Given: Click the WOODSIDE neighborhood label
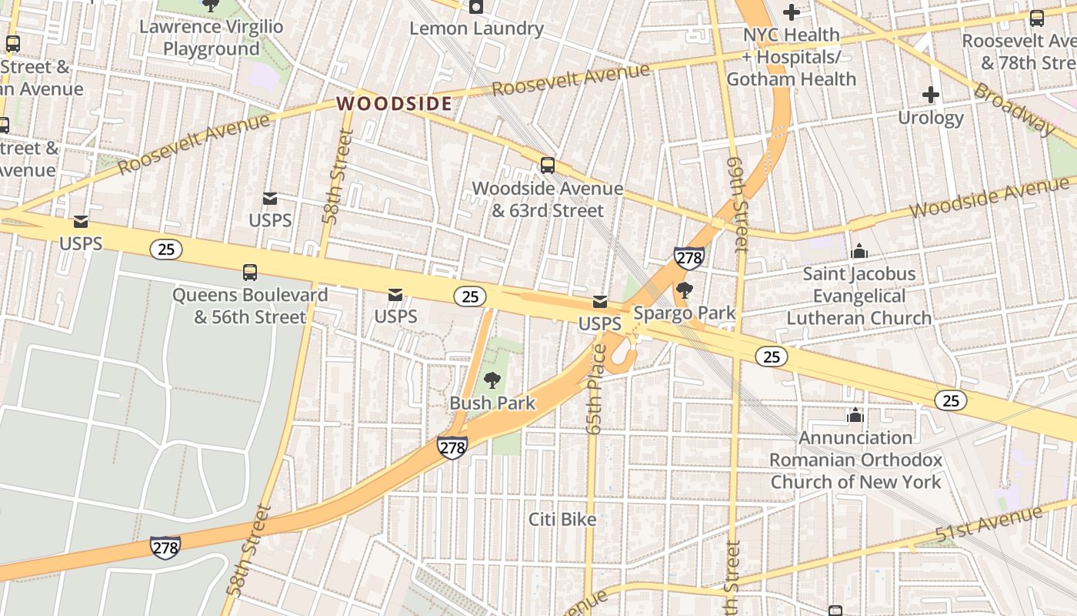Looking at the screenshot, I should pyautogui.click(x=394, y=103).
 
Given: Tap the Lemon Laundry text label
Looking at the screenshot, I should pyautogui.click(x=476, y=29).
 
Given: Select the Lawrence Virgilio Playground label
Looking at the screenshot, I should pyautogui.click(x=212, y=38).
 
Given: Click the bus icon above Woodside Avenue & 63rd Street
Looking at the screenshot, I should pyautogui.click(x=548, y=165).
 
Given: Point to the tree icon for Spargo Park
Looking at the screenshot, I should pyautogui.click(x=684, y=290).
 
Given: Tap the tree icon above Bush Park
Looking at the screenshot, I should pyautogui.click(x=492, y=380).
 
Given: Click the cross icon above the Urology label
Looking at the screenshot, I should pyautogui.click(x=931, y=95).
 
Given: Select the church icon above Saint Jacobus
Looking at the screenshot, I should pyautogui.click(x=859, y=251).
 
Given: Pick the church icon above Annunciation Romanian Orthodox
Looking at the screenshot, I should pyautogui.click(x=855, y=416).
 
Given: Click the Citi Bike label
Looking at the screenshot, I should pyautogui.click(x=562, y=520).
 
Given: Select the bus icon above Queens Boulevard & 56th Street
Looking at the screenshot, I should pyautogui.click(x=250, y=272).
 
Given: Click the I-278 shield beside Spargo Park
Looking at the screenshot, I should pyautogui.click(x=689, y=257).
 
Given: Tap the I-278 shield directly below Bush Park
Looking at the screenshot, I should pyautogui.click(x=452, y=447).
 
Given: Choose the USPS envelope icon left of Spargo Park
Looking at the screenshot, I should pyautogui.click(x=599, y=302).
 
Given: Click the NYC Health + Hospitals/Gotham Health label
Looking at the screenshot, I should pyautogui.click(x=791, y=57).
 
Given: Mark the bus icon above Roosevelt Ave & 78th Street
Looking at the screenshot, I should pyautogui.click(x=1037, y=18).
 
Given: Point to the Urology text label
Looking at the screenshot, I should pyautogui.click(x=931, y=118).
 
